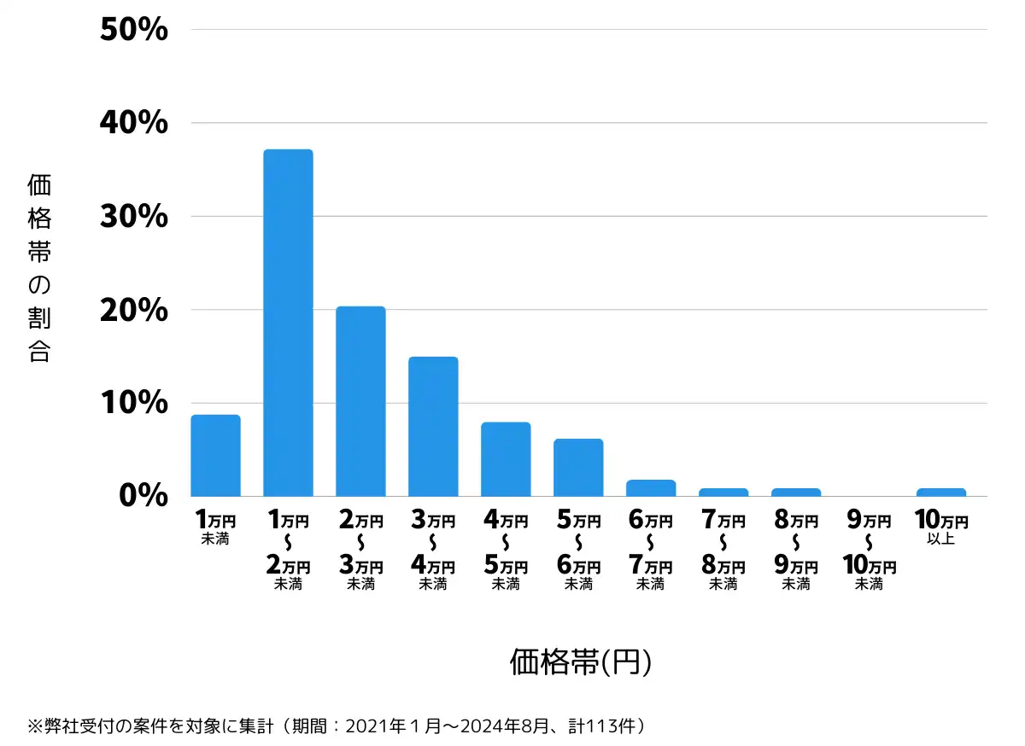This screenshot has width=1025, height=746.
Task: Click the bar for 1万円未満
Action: (215, 456)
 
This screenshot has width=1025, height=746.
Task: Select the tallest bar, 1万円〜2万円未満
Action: (288, 323)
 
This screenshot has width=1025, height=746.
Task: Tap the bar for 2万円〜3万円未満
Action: (360, 401)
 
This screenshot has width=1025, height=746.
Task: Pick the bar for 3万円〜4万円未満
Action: (433, 427)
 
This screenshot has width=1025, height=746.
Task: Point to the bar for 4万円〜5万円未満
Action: (506, 459)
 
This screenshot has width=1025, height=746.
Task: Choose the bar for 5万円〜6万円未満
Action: (578, 468)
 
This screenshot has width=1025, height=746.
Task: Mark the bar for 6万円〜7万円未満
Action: (651, 488)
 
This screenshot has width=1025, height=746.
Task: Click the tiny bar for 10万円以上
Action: (941, 492)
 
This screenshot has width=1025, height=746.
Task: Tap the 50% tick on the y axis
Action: (134, 30)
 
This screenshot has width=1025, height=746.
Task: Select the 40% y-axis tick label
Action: (134, 123)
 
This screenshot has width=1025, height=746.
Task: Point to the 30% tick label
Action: (134, 217)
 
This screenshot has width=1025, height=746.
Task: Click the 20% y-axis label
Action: (134, 310)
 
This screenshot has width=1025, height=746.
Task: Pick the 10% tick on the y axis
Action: (134, 403)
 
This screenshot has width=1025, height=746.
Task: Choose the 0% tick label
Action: (143, 496)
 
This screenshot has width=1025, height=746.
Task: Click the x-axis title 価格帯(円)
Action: (581, 662)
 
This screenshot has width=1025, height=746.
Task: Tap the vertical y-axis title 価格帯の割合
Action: (39, 268)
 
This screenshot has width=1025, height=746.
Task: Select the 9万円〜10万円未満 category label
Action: (869, 551)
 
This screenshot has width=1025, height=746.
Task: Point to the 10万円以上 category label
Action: (941, 527)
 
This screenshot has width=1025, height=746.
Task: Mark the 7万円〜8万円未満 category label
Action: (723, 551)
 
